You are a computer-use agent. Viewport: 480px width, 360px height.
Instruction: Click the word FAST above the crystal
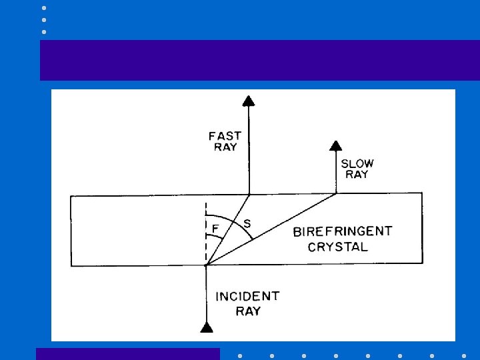(x=225, y=136)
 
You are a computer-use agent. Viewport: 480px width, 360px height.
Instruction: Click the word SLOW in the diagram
(x=357, y=163)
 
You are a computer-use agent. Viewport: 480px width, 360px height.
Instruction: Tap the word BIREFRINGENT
(x=343, y=232)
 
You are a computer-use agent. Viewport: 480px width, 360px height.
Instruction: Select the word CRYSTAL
(x=337, y=247)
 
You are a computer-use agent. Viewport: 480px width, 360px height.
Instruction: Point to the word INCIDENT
(x=247, y=296)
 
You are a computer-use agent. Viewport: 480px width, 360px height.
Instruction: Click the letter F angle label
(x=215, y=228)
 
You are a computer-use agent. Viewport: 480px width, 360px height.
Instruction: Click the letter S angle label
(x=247, y=223)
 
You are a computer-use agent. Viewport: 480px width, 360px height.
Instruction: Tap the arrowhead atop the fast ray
(x=248, y=101)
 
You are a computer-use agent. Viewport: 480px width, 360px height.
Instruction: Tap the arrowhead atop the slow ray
(x=336, y=145)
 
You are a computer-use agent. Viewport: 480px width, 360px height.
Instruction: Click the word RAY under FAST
(x=225, y=147)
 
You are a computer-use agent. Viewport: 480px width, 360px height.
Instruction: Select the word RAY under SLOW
(x=357, y=175)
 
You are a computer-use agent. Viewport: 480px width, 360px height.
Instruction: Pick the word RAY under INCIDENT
(x=247, y=311)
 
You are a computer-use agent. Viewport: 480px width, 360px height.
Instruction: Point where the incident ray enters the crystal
(x=206, y=266)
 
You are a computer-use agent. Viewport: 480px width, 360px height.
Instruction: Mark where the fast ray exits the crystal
(x=249, y=194)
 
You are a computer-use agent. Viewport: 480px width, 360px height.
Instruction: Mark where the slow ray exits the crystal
(x=336, y=193)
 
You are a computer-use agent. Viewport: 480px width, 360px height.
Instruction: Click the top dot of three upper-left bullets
(x=44, y=8)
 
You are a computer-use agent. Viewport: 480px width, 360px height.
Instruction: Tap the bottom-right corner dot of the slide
(x=464, y=355)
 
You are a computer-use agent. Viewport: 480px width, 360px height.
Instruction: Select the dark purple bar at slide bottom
(x=127, y=354)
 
